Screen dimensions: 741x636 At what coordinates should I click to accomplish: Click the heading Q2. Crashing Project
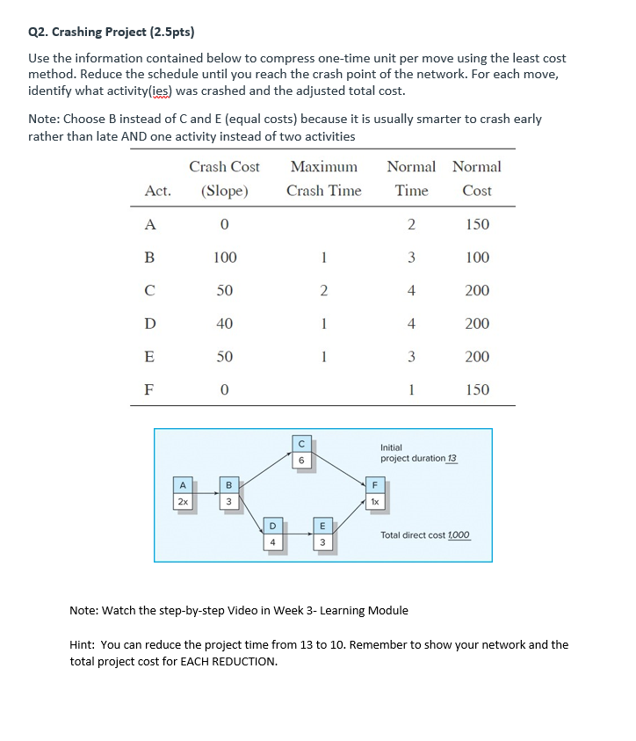coord(111,33)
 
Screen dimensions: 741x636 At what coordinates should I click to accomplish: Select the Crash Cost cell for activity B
coord(224,258)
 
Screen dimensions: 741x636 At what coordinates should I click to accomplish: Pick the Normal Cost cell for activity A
coord(476,224)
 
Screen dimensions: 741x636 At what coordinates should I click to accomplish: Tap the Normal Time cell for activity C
coord(411,291)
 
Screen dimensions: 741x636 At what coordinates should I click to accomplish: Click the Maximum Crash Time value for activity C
coord(323,291)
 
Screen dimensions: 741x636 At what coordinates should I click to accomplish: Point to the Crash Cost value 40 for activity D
coord(224,323)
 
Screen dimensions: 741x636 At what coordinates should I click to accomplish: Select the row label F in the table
coord(149,389)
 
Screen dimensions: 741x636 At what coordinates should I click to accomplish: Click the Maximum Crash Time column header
coord(323,178)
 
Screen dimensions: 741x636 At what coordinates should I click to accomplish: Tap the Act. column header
coord(158,191)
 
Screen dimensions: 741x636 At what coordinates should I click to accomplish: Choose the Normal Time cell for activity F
coord(411,389)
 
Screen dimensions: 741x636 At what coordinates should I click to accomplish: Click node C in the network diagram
coord(301,452)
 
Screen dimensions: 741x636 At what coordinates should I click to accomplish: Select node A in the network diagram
coord(182,492)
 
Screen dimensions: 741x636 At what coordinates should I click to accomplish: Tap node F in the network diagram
coord(375,492)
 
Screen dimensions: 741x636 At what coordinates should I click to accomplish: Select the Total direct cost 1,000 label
coord(425,534)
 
